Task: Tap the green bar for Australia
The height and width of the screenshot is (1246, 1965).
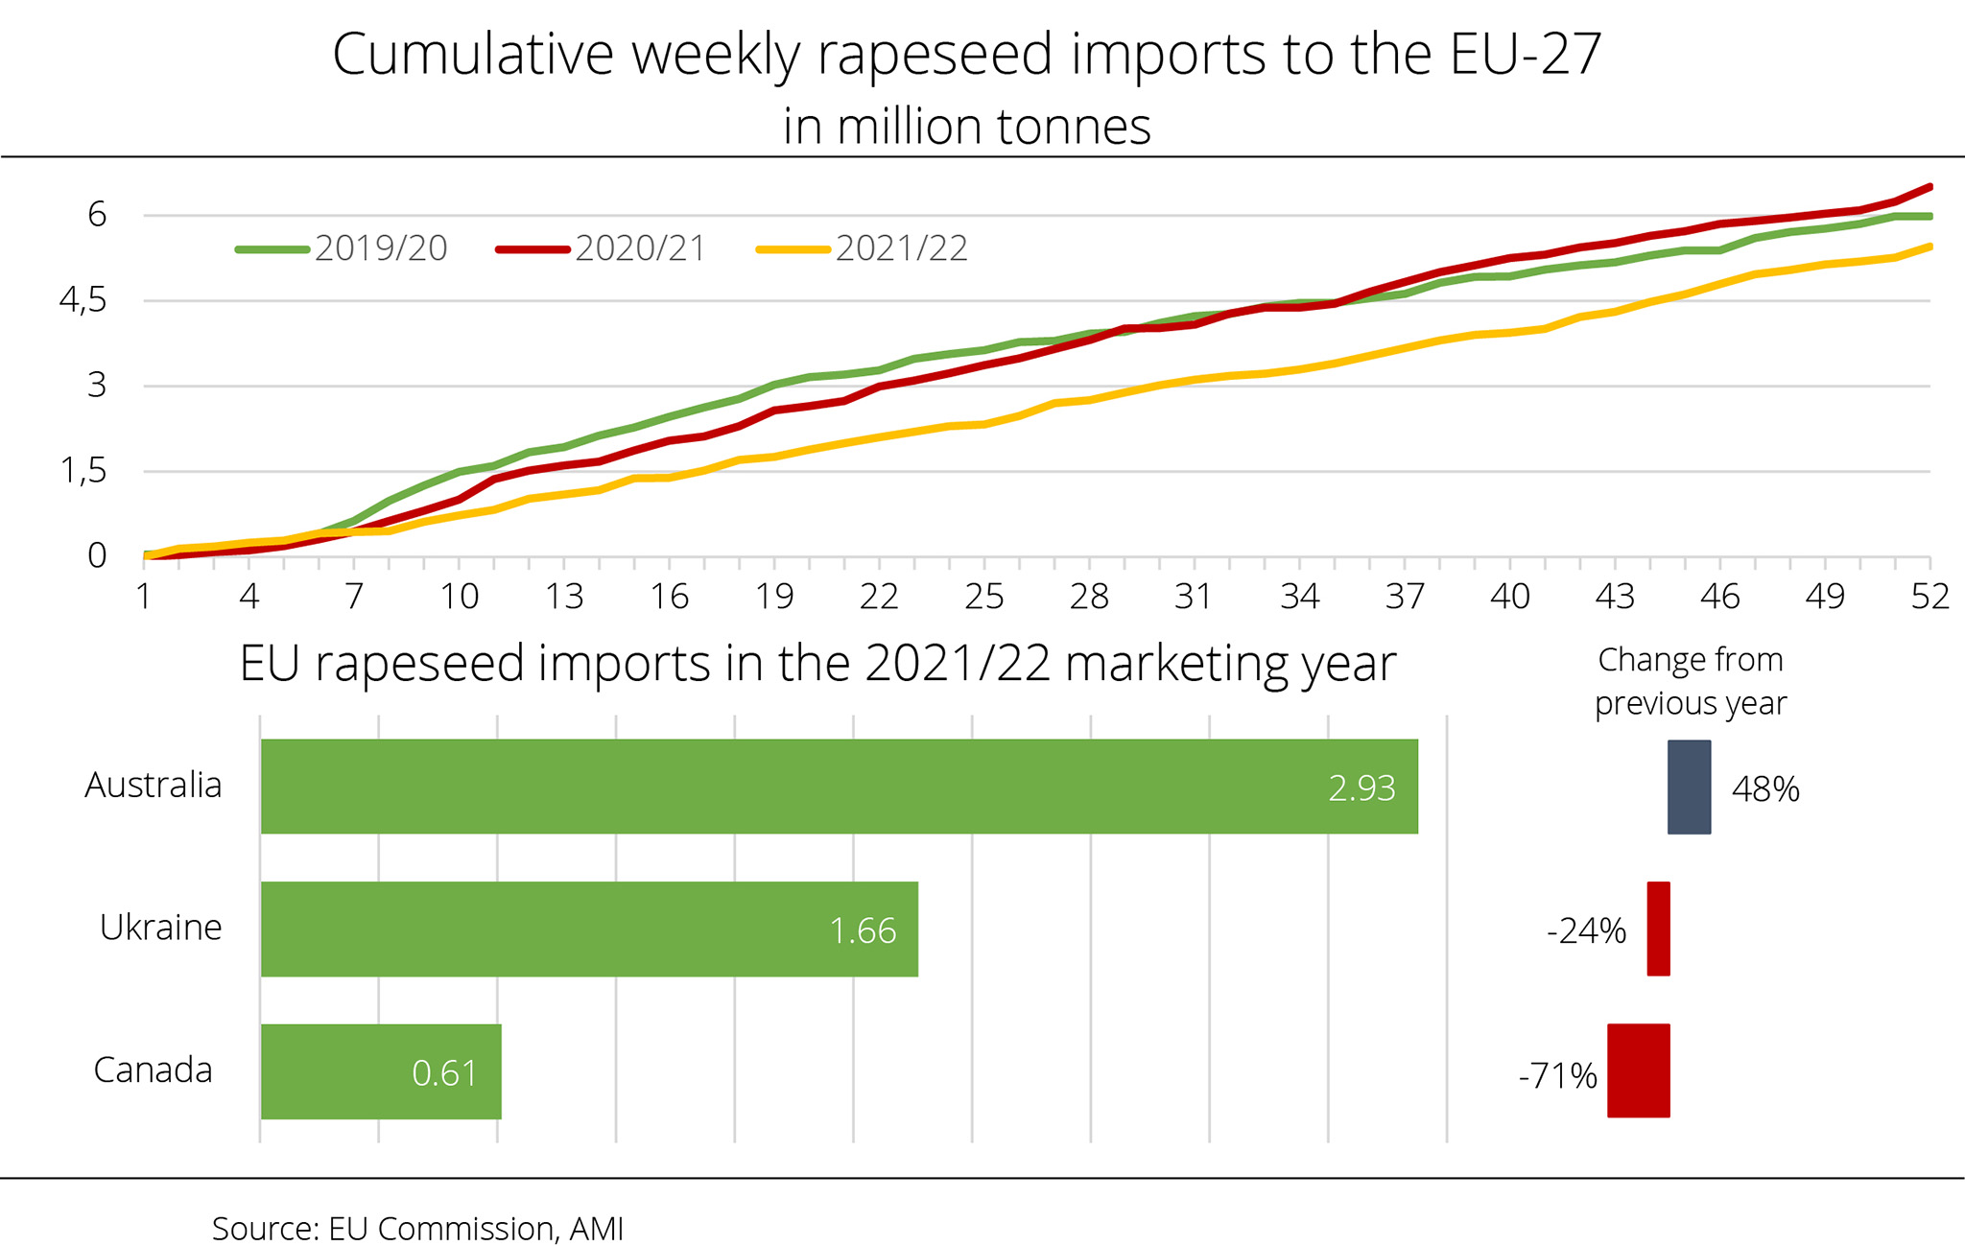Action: coord(839,787)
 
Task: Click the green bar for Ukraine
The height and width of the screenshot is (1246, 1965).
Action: coord(589,929)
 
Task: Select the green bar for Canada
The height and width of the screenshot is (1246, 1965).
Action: coord(381,1070)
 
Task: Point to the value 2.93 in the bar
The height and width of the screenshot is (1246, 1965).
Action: coord(1361,788)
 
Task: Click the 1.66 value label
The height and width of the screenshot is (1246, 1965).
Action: coord(863,930)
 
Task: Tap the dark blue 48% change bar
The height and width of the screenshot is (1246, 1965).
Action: coord(1689,787)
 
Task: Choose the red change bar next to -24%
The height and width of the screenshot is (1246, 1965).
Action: coord(1658,929)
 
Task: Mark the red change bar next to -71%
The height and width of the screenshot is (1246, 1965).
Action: coord(1639,1070)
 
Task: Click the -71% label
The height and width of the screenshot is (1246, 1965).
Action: coord(1557,1076)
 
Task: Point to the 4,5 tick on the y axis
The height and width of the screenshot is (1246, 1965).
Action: coord(83,301)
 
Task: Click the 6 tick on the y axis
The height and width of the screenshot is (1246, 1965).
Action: coord(97,215)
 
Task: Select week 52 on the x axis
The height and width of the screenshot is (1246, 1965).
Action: coord(1929,597)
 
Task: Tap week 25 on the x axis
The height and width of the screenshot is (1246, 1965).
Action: coord(984,597)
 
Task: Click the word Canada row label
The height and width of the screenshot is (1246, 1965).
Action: coord(153,1070)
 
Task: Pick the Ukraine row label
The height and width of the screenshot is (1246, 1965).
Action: coord(160,928)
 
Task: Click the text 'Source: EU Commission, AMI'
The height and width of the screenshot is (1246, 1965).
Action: coord(417,1228)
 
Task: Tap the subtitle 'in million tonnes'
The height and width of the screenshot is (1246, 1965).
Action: coord(967,127)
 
